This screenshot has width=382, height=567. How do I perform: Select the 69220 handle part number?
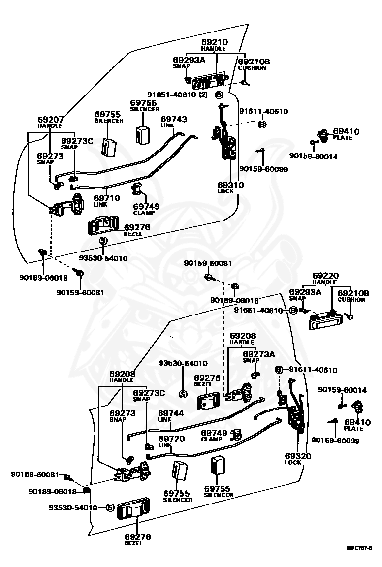click(x=325, y=276)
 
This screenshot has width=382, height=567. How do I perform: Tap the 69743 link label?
click(x=174, y=119)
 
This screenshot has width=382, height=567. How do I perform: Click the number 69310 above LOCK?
click(x=230, y=185)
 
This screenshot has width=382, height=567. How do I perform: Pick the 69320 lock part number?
click(x=298, y=456)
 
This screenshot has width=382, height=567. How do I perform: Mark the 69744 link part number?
click(x=171, y=413)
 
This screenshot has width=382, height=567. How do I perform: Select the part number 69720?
click(x=171, y=438)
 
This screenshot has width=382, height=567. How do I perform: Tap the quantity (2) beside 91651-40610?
click(x=203, y=94)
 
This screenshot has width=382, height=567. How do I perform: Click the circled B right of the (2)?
click(x=218, y=94)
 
